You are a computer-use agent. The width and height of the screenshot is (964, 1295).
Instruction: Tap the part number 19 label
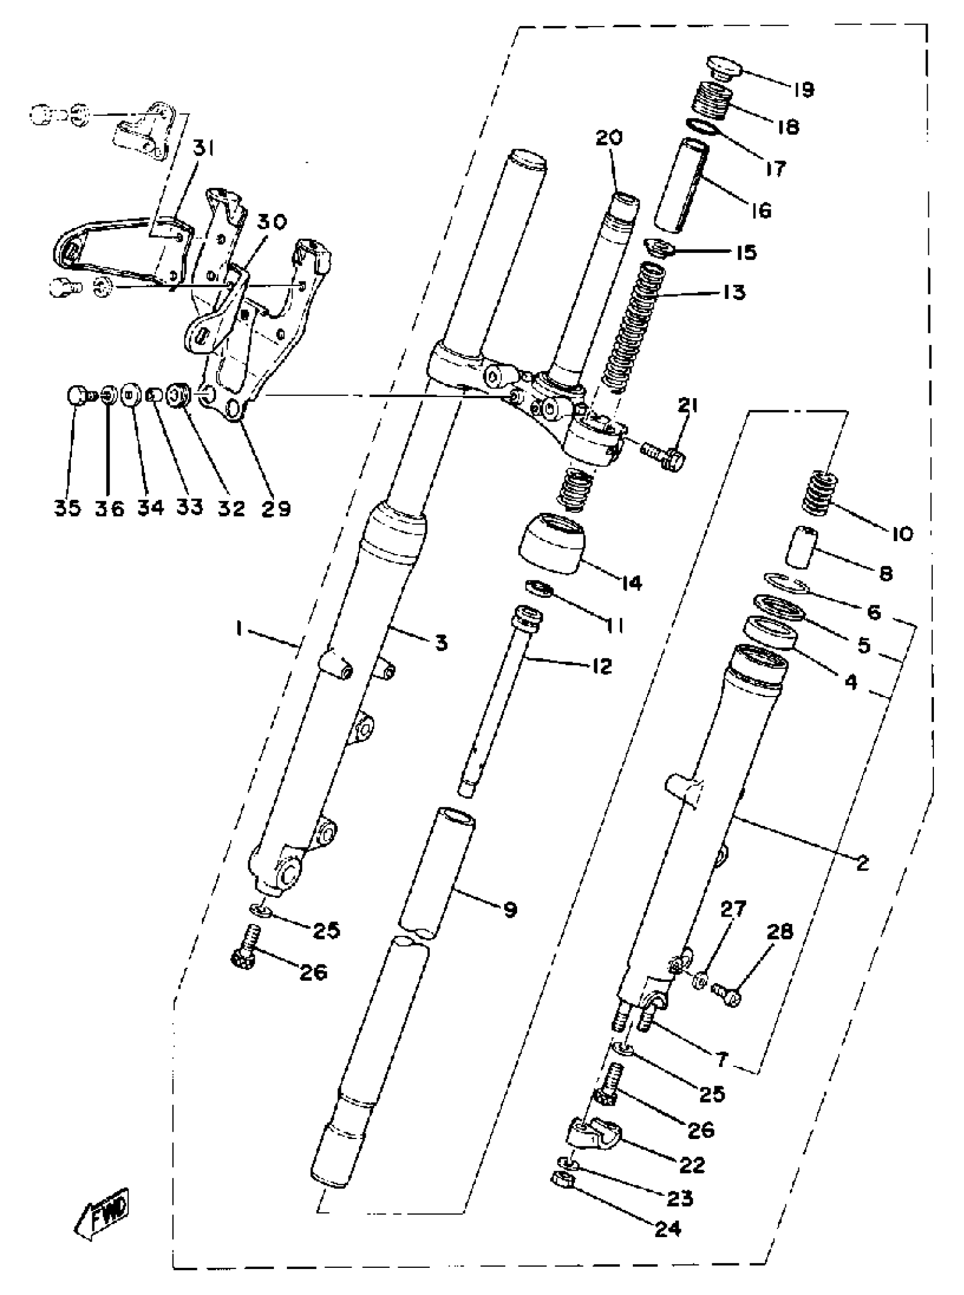(x=803, y=90)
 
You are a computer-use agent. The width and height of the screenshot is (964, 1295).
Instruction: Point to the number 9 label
(x=510, y=909)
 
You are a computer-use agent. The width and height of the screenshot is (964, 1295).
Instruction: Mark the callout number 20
(x=609, y=138)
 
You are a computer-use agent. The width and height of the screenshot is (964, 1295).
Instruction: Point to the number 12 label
(x=601, y=666)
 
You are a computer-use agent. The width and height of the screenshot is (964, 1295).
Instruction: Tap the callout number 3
(x=441, y=644)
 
